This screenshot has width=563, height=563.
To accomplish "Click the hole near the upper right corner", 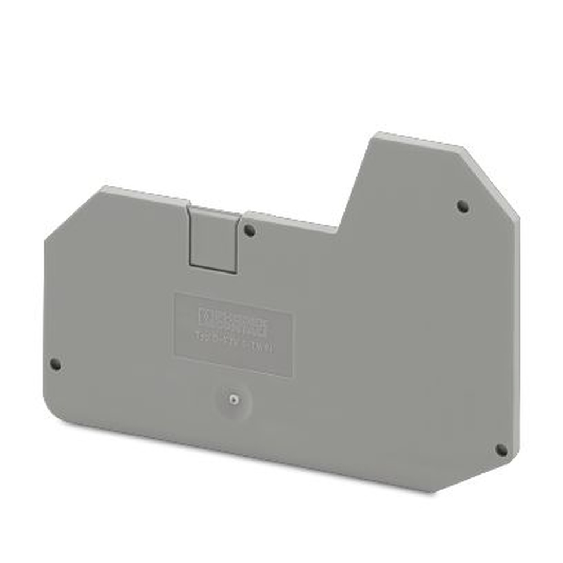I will coord(463,206).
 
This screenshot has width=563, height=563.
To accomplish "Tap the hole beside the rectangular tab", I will coord(249,230).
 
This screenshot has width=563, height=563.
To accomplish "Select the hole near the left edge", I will coord(55,364).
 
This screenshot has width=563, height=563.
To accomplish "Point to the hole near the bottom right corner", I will coord(501,450).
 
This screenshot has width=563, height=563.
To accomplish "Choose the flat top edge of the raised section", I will coord(419,141).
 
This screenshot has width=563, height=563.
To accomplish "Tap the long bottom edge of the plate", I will coord(253,450).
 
